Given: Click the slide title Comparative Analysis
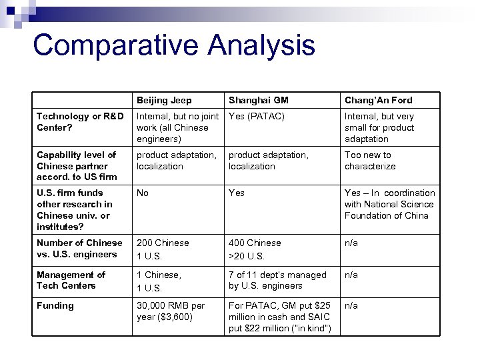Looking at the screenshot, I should [173, 45].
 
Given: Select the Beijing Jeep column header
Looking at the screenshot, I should [164, 100].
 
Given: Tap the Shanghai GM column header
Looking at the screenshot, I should [259, 100].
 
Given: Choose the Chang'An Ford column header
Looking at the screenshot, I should [378, 100].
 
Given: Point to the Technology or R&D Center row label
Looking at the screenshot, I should [80, 122].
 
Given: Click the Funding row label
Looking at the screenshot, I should [55, 305].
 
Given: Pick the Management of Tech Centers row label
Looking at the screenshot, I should [71, 280].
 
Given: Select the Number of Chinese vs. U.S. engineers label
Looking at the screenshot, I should [79, 249].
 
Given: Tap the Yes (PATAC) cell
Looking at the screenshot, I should [257, 117].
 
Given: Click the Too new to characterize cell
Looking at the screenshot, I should [370, 161].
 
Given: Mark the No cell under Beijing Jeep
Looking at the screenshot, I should [143, 193].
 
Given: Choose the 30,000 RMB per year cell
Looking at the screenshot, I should [171, 311].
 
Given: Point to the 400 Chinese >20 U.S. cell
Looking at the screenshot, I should [255, 249].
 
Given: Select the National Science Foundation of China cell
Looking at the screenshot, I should [389, 204].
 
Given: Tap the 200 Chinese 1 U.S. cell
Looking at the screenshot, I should [163, 249].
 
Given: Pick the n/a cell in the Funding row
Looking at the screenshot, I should [352, 305].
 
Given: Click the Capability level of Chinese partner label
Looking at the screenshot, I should [77, 165].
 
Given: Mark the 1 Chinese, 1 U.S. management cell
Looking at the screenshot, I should [158, 280].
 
